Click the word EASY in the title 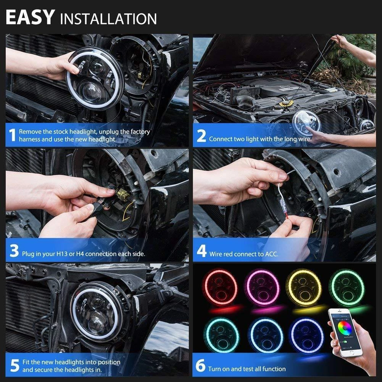tap(30, 17)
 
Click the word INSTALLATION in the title tap(108, 19)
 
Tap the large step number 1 tap(12, 135)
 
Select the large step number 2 tap(201, 136)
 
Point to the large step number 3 tap(14, 251)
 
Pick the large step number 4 tap(202, 251)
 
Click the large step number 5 tap(15, 366)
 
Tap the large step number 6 tap(200, 366)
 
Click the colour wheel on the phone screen tap(345, 328)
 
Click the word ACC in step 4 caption tap(271, 254)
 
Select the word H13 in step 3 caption tap(62, 254)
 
